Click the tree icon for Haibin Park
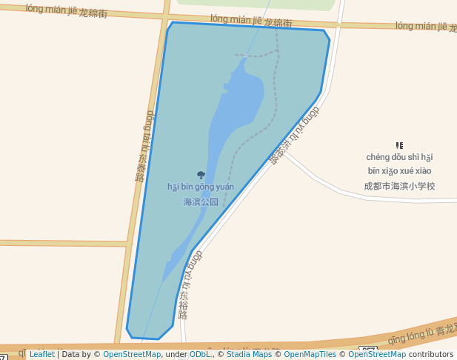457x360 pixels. pos(201,176)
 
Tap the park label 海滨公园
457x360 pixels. pos(201,201)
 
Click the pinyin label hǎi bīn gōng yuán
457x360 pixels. pos(200,187)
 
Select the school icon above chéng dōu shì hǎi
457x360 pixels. pos(399,146)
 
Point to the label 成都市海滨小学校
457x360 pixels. pos(399,185)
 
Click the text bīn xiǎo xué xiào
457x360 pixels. pos(399,170)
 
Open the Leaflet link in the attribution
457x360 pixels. pos(41,355)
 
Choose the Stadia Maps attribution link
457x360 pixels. pos(249,355)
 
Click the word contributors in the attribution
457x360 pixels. pos(430,355)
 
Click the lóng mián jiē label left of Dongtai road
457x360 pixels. pos(67,11)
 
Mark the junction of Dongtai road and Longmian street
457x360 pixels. pos(165,16)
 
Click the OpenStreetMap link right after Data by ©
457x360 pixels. pos(132,355)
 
